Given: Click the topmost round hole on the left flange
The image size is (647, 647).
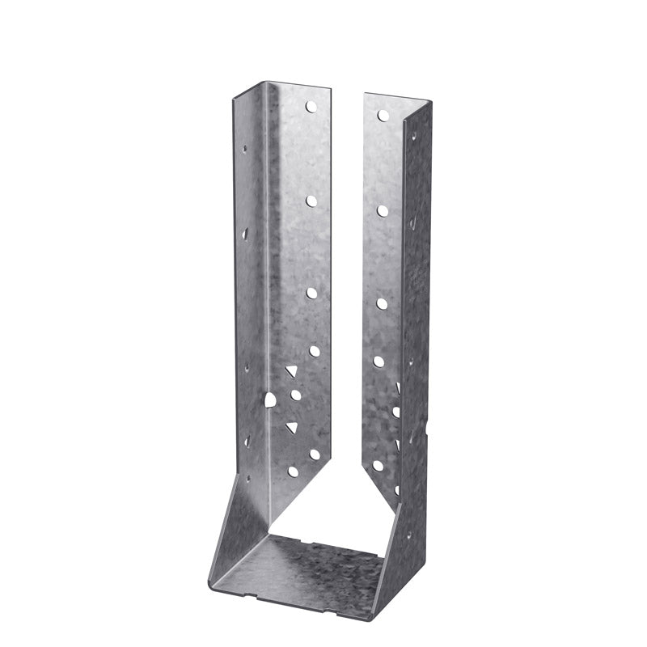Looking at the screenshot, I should [x=310, y=105].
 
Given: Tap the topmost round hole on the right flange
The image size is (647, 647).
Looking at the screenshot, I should [x=383, y=116].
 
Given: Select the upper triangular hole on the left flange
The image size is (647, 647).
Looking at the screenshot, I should [x=290, y=371].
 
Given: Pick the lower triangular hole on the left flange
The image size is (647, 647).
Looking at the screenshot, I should [x=290, y=426].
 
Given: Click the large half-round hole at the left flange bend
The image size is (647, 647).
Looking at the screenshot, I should [x=270, y=400].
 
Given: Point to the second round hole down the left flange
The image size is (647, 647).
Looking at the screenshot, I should [x=311, y=197].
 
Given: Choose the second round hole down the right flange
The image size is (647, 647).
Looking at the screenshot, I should [x=382, y=210].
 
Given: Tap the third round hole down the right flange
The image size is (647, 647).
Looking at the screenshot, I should [x=381, y=303].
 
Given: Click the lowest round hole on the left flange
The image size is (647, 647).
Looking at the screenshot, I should [x=294, y=471].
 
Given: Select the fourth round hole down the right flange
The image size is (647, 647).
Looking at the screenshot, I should [x=378, y=361].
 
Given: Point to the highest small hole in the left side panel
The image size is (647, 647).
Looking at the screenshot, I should [x=244, y=149].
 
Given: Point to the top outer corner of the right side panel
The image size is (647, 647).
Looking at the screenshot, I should [x=430, y=102].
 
